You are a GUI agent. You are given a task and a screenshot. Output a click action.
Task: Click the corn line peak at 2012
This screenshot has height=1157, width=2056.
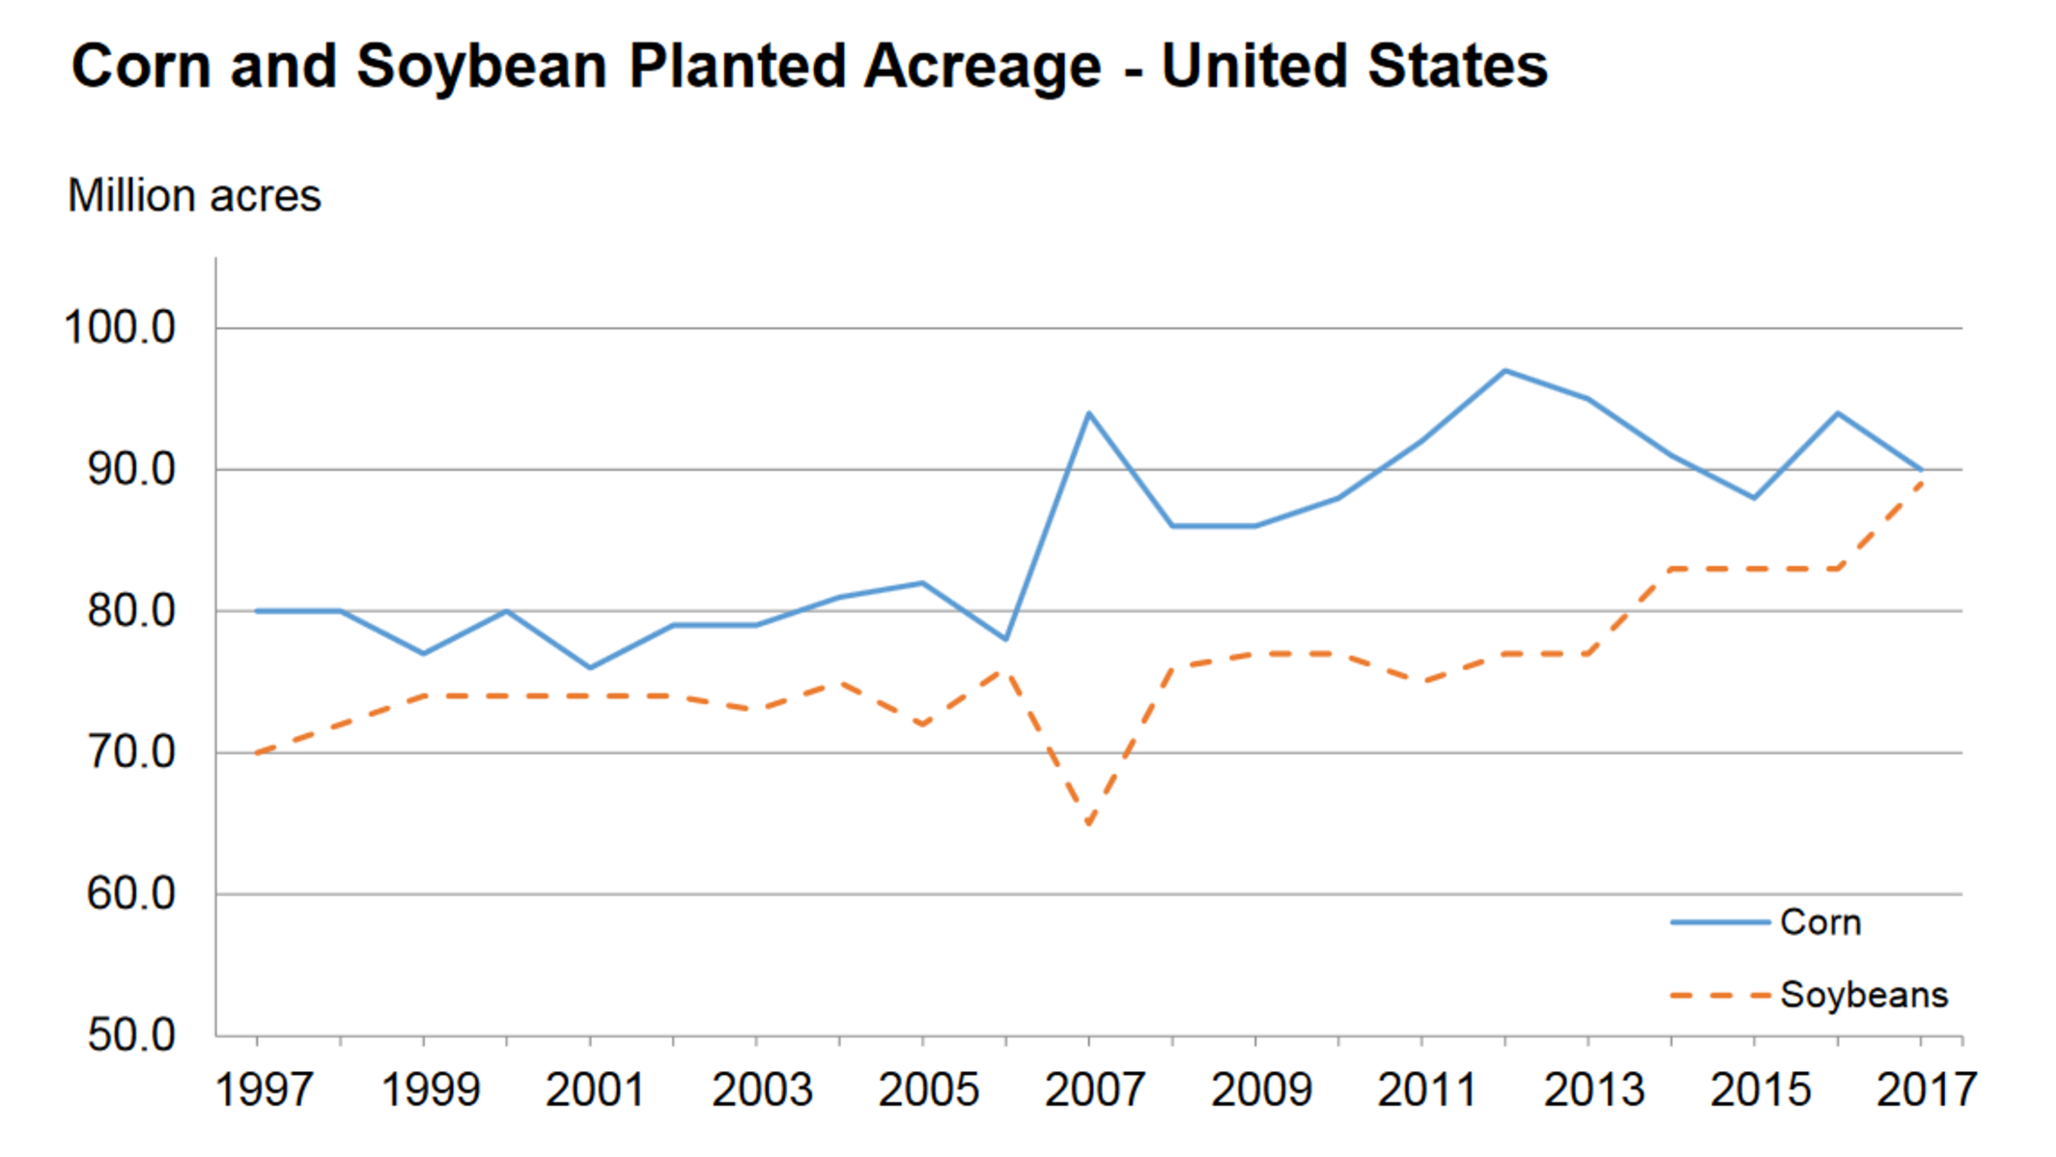point(1505,371)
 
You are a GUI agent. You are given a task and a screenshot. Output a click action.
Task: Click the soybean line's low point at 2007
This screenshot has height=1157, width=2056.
point(1089,822)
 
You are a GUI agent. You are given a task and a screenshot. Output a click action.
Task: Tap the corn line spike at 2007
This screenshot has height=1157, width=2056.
point(1089,414)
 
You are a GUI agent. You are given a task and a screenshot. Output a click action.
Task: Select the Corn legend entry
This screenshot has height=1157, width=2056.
point(1819,922)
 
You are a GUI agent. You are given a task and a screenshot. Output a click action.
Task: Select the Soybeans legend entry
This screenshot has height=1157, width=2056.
point(1863,995)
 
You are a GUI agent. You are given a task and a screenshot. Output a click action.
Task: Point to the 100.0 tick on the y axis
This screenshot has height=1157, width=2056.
point(120,328)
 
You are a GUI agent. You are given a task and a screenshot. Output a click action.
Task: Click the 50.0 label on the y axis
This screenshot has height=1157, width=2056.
point(131,1035)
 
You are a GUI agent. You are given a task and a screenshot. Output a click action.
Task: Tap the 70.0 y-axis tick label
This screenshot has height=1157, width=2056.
point(131,752)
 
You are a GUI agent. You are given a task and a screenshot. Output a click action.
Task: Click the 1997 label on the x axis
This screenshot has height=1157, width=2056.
point(263,1090)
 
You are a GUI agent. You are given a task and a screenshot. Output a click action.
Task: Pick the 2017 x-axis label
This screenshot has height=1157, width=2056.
point(1926,1090)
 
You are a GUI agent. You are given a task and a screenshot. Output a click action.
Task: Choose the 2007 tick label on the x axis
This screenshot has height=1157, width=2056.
point(1094,1090)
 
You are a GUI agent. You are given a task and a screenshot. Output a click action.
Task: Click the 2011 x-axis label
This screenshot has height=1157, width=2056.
point(1426,1090)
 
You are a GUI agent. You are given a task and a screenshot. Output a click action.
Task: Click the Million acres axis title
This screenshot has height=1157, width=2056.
point(194,196)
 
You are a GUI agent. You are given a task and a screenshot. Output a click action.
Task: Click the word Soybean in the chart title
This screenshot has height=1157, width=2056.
point(481,67)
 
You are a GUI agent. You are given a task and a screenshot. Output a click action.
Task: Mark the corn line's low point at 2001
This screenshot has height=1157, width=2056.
point(590,667)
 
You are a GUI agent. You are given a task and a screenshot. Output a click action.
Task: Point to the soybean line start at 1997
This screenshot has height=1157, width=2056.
point(258,752)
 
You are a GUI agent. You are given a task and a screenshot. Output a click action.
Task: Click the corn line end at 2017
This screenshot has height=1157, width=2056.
point(1921,470)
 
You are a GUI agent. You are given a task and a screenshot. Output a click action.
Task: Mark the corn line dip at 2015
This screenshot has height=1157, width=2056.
point(1754,497)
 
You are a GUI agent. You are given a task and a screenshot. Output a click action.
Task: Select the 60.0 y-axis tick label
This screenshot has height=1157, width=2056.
point(131,894)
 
